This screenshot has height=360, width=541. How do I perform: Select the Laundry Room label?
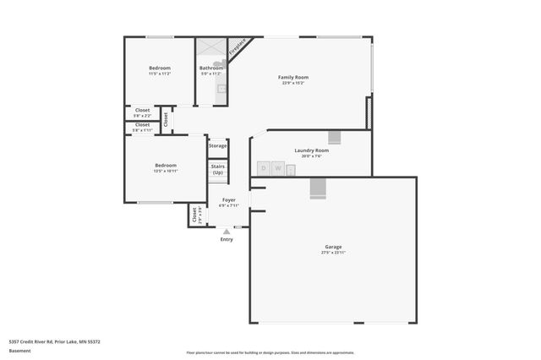pos(311,150)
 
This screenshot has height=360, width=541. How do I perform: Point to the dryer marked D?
pos(264,168)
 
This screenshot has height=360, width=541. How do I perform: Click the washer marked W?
pos(277,168)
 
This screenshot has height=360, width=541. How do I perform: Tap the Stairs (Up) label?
pos(217,170)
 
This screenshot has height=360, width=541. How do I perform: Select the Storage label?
pos(217,146)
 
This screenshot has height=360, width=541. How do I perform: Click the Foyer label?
pos(228,200)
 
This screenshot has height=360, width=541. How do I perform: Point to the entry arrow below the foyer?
pos(227,231)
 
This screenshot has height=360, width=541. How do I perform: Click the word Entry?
pos(227,239)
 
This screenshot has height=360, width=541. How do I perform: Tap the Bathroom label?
pos(210,68)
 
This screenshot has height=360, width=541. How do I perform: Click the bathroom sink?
pos(221,89)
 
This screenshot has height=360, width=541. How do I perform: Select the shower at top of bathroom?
pos(210,47)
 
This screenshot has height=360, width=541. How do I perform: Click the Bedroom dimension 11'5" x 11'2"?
pos(160,74)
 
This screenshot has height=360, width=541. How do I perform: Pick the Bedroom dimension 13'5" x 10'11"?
pos(165,171)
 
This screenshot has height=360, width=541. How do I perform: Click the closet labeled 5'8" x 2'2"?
pos(142,113)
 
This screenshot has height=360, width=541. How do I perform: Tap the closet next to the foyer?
pos(196,216)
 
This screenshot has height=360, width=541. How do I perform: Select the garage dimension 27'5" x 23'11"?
pos(333,253)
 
